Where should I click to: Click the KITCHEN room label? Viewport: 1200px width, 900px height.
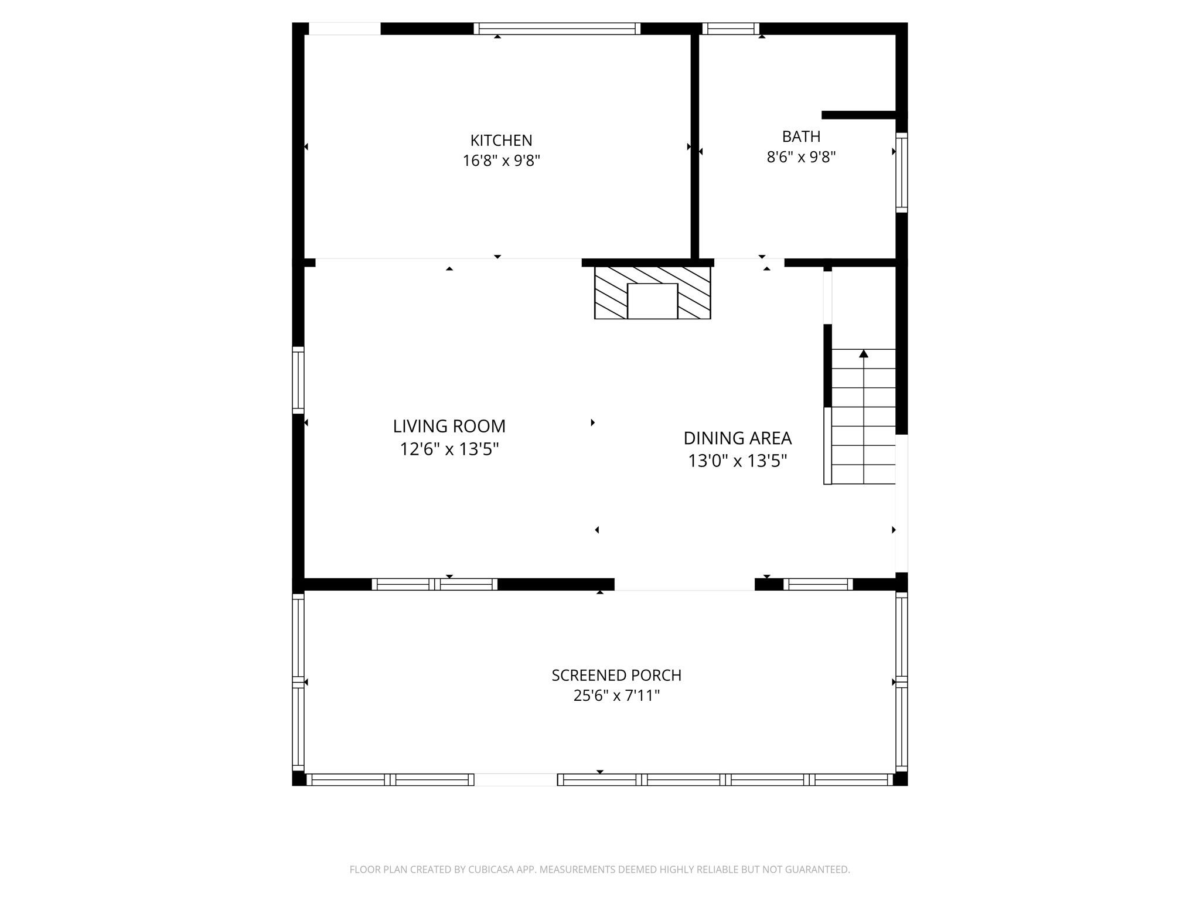(x=501, y=141)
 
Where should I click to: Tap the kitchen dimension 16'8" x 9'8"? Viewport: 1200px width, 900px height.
(x=501, y=161)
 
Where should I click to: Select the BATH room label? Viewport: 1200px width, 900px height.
(x=801, y=137)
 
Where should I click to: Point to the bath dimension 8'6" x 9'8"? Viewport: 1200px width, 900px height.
(x=801, y=157)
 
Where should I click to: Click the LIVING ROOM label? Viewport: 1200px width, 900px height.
(x=449, y=426)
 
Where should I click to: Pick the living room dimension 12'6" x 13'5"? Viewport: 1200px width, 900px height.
(x=449, y=449)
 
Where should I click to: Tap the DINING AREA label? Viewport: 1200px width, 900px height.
(x=737, y=438)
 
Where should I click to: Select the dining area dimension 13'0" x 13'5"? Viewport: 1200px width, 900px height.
(x=737, y=461)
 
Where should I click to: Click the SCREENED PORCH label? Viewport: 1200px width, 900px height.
(x=616, y=676)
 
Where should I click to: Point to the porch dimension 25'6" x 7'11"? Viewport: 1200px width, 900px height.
(x=616, y=696)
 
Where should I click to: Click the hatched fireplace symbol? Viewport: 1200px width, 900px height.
(x=652, y=293)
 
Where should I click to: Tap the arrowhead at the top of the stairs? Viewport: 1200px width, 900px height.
(x=864, y=353)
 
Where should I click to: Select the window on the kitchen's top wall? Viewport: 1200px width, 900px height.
(x=557, y=29)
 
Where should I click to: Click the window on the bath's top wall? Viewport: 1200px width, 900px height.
(x=731, y=29)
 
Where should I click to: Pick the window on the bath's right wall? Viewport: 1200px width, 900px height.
(x=902, y=172)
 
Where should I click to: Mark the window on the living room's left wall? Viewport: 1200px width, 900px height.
(x=298, y=380)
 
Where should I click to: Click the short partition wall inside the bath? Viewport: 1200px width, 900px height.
(x=859, y=115)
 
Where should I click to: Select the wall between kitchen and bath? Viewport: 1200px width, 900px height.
(x=695, y=146)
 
